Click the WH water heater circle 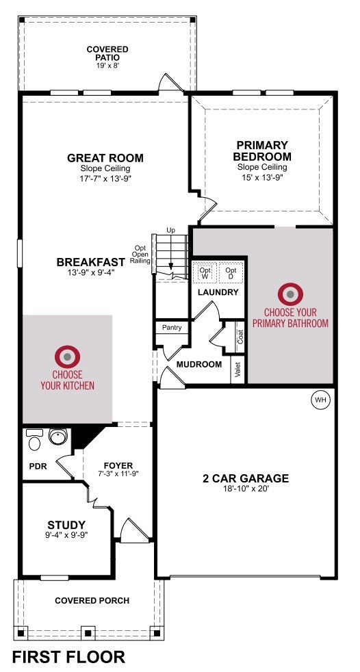[x=320, y=400]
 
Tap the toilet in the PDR [x=35, y=439]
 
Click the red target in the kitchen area [x=67, y=357]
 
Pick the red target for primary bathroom [x=290, y=294]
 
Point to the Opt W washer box [x=205, y=274]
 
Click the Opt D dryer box [x=231, y=274]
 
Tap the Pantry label [x=172, y=327]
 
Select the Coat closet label [x=240, y=337]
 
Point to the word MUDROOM [x=199, y=365]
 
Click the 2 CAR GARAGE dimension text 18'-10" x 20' [x=246, y=488]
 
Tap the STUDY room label [x=66, y=525]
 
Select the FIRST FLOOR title [x=68, y=656]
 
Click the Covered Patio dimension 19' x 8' [x=107, y=66]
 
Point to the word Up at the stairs [x=170, y=231]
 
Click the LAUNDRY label [x=218, y=293]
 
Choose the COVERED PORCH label [x=92, y=600]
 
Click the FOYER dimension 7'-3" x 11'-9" [x=118, y=474]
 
